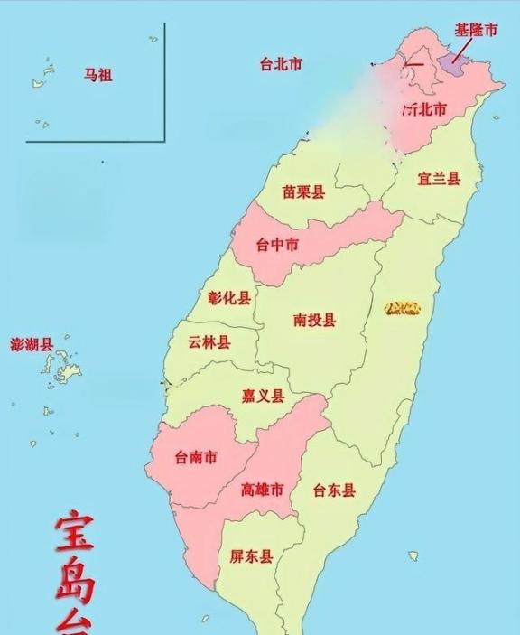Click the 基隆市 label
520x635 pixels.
tap(475, 30)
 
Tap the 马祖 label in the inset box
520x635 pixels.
tap(98, 76)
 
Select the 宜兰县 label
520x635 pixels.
tap(438, 178)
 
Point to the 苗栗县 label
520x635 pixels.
tap(302, 192)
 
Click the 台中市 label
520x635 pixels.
tap(278, 245)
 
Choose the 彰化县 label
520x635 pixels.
tap(228, 298)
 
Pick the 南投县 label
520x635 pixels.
tap(314, 320)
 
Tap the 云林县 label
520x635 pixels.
tap(209, 342)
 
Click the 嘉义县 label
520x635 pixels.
tap(263, 396)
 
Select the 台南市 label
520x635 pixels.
tap(196, 458)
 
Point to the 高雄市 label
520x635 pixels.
tap(263, 490)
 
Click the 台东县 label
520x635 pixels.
tap(334, 491)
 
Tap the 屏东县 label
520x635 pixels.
tap(252, 556)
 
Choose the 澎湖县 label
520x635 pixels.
tap(32, 345)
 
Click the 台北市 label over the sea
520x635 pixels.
tap(280, 64)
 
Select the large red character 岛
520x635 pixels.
tap(74, 584)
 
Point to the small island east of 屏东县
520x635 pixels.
tap(413, 556)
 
